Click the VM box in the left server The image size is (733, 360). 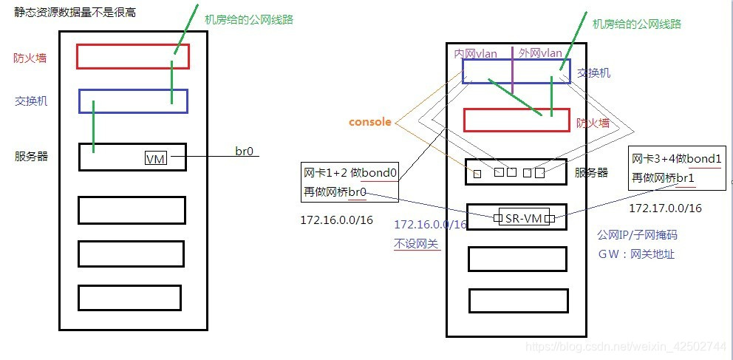[x=155, y=159]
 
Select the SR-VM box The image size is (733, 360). [x=524, y=218]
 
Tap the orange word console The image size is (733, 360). [x=370, y=122]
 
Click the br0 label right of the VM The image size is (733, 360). [x=245, y=152]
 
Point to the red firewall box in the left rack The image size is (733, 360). [x=133, y=56]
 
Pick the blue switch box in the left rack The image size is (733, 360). [x=133, y=101]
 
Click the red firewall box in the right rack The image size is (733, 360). [x=516, y=120]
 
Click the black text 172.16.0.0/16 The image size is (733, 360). [x=336, y=220]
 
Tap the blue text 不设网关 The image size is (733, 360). [x=417, y=242]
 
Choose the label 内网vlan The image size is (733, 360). [x=475, y=53]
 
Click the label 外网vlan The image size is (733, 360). [x=539, y=52]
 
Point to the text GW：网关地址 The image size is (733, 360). [x=636, y=254]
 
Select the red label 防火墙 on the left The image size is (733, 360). [x=30, y=58]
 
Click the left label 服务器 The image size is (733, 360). [x=31, y=156]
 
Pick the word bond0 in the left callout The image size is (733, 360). [x=379, y=174]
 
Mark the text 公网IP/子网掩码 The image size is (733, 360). [x=637, y=235]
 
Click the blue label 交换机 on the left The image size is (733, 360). [x=31, y=101]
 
